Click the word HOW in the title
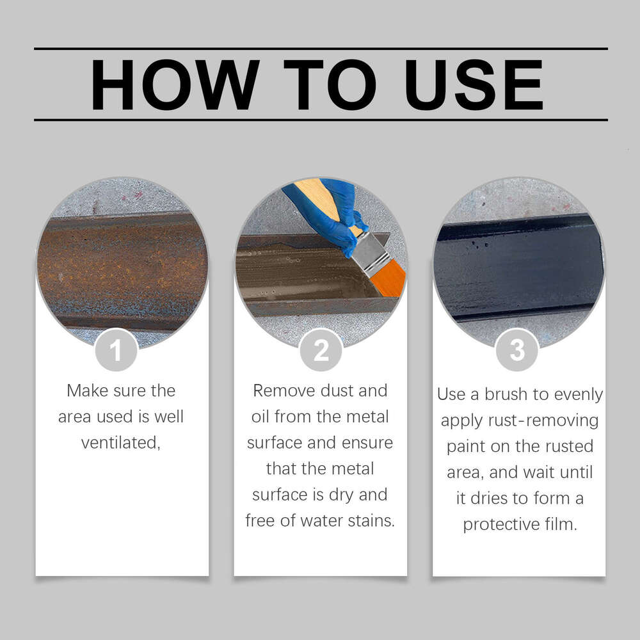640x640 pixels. click(x=174, y=84)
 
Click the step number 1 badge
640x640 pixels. click(x=116, y=350)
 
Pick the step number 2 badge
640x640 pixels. click(x=321, y=350)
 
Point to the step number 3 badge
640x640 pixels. click(x=517, y=350)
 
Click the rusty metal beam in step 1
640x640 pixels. click(x=122, y=269)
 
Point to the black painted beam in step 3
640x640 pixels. click(x=518, y=269)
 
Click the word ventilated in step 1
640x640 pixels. click(x=120, y=443)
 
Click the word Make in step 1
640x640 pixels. click(x=87, y=390)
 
